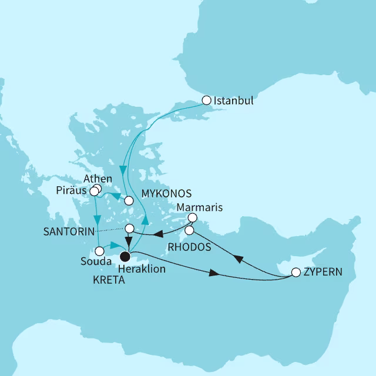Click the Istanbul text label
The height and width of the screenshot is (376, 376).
pos(234,100)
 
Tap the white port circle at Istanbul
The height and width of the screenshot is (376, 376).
pos(206,100)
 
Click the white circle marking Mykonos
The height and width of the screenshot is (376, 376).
pos(129,200)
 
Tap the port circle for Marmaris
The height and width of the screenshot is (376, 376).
pos(192,218)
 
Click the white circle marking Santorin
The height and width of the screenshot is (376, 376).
pos(130,228)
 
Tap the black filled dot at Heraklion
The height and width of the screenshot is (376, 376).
pos(125,256)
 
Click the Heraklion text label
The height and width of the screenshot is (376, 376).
pos(141,269)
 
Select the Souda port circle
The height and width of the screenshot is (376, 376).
pos(100,250)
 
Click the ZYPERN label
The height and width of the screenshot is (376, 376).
pos(324,273)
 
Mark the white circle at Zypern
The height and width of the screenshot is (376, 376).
pos(296,273)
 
